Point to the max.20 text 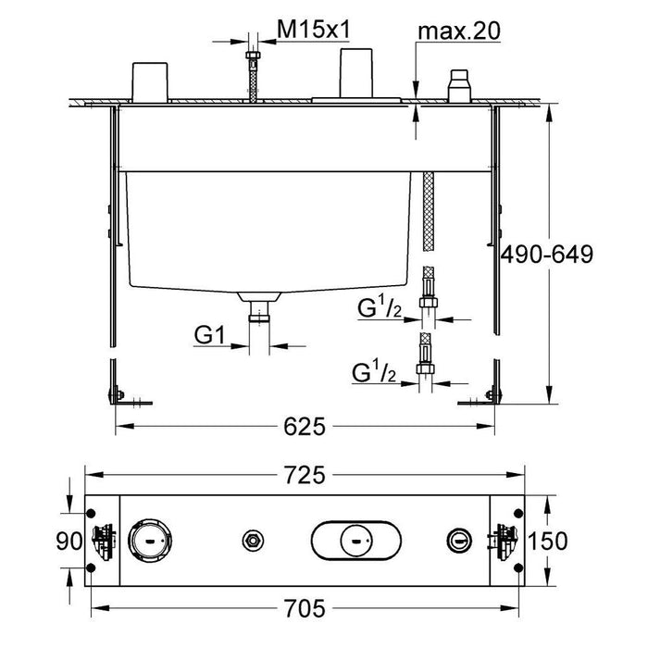point(459,31)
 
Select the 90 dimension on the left point(62,540)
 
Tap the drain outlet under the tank point(259,305)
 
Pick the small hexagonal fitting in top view point(249,540)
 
